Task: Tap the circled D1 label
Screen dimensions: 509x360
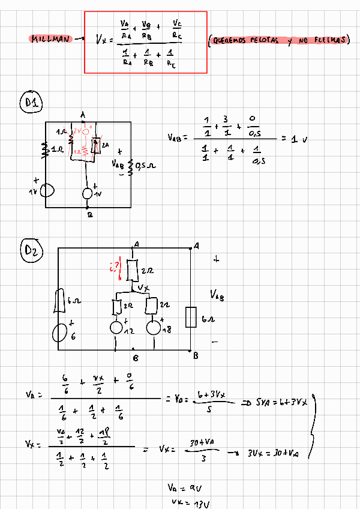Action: click(x=32, y=103)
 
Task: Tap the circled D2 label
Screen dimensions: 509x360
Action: click(x=32, y=250)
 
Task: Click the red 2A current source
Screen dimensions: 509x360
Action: click(x=95, y=146)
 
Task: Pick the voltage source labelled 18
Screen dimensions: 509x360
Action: click(x=154, y=328)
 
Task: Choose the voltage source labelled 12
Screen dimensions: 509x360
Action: click(x=118, y=328)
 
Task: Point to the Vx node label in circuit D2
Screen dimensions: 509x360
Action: click(x=143, y=289)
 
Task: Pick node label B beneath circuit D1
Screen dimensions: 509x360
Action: click(x=89, y=215)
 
